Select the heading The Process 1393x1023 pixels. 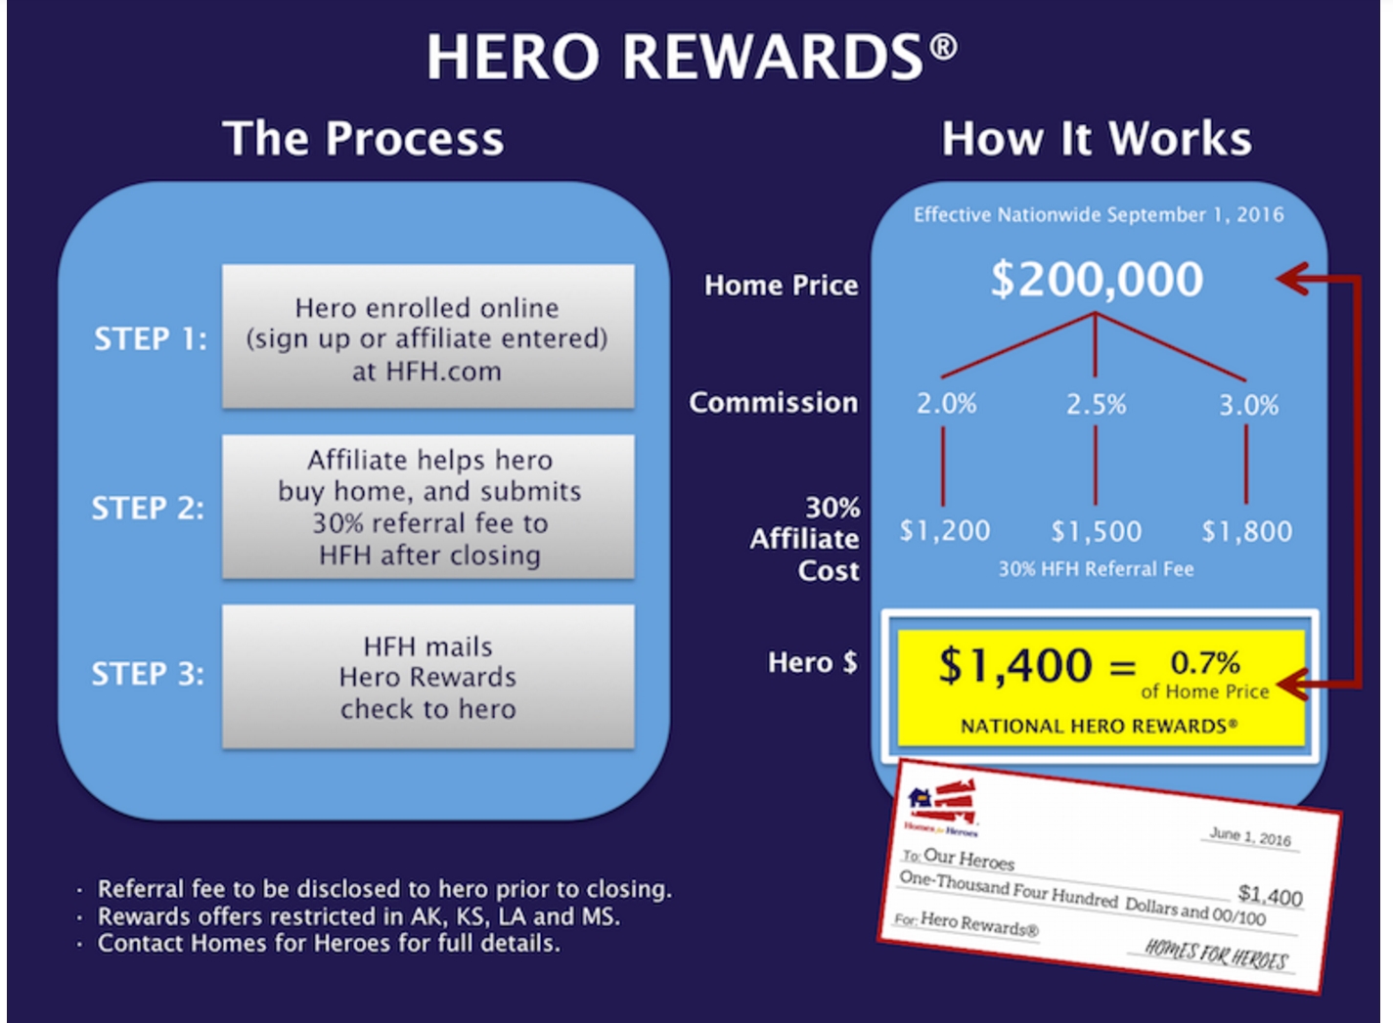(363, 138)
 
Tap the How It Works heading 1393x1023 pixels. (1097, 138)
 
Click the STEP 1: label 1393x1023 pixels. (151, 338)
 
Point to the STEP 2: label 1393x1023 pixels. (148, 508)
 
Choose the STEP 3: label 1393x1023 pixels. (148, 674)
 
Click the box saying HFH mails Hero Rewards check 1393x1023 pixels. (427, 677)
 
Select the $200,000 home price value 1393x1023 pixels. (1097, 280)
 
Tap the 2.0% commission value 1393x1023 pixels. (946, 404)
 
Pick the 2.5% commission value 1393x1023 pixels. (1096, 404)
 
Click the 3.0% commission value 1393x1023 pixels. (1248, 405)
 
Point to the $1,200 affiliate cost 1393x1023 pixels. (944, 531)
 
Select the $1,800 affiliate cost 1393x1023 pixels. (1246, 531)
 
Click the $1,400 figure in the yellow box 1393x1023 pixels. (1014, 666)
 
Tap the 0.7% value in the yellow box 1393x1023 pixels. (1205, 663)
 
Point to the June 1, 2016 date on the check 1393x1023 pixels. (1249, 837)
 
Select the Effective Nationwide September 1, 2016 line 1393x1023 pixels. (1098, 215)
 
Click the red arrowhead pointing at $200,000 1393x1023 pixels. (1293, 280)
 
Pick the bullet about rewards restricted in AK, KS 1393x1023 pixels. (358, 916)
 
